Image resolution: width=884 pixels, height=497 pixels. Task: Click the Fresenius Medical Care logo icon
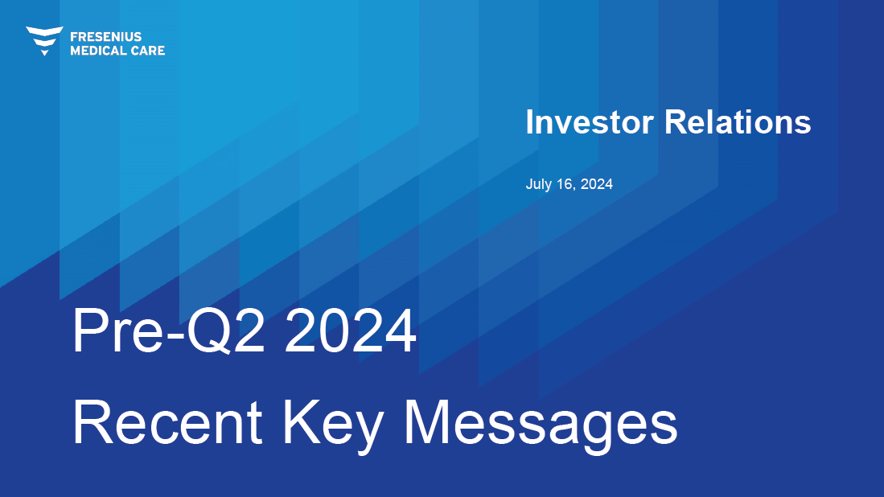tap(44, 40)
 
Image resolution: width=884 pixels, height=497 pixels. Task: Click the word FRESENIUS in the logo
tap(106, 37)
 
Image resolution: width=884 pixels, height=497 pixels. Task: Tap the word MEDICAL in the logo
tap(97, 51)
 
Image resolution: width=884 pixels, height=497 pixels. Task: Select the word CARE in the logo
tap(147, 51)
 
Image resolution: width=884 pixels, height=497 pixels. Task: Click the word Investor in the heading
tap(590, 122)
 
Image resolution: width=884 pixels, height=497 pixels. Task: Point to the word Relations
tap(738, 122)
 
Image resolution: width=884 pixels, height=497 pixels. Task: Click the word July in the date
tap(538, 185)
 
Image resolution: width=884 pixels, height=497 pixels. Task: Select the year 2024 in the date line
tap(597, 184)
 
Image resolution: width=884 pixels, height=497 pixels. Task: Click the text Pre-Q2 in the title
tap(169, 331)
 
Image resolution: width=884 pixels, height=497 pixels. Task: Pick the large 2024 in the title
tap(351, 331)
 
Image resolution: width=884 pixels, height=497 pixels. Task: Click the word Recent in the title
tap(167, 423)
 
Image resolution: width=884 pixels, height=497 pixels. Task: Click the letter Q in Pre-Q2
tap(208, 332)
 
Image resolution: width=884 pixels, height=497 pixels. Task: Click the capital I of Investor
tap(529, 122)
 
